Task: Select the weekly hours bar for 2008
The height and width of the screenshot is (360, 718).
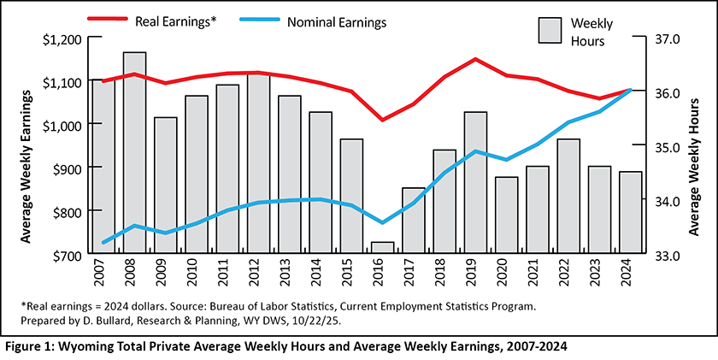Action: [134, 154]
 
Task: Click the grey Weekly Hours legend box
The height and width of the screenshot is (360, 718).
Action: [550, 31]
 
